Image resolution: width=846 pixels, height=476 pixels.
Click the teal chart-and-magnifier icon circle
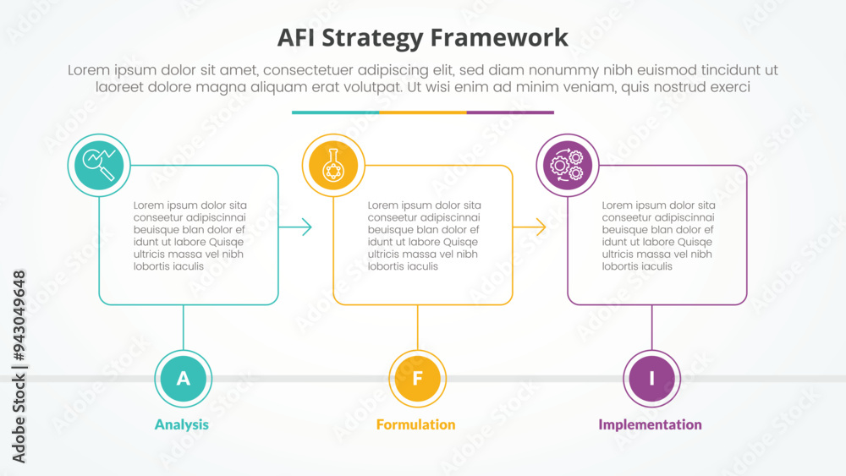click(99, 165)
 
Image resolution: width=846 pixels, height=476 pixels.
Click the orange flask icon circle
click(333, 165)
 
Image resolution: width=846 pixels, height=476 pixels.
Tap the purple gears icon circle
click(568, 165)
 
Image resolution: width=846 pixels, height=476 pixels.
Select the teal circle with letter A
click(184, 378)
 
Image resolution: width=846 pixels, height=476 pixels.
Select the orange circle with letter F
click(417, 378)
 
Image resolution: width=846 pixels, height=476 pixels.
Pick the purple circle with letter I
click(651, 378)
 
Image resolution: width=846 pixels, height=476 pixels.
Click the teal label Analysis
click(181, 424)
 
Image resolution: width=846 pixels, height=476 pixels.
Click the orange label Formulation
click(415, 424)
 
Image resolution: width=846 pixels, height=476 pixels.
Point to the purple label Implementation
click(650, 424)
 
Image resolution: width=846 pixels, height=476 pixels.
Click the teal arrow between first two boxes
click(296, 227)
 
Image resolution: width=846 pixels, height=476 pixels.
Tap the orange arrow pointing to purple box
click(530, 227)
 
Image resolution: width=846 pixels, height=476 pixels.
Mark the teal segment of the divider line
click(335, 112)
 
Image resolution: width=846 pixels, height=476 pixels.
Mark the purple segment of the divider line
click(510, 112)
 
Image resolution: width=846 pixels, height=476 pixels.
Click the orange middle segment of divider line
click(422, 112)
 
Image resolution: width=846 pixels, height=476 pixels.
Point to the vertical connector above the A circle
click(184, 326)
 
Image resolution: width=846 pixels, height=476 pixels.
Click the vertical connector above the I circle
click(651, 326)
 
